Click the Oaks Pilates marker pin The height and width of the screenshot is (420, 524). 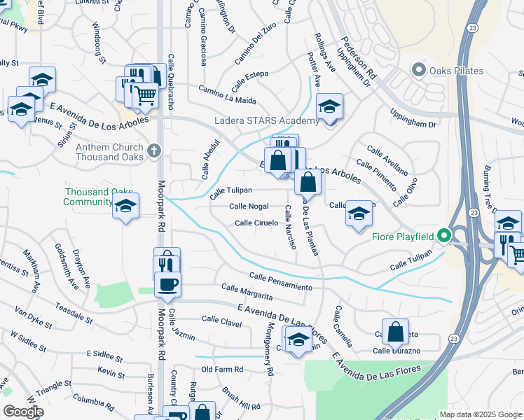click(420, 70)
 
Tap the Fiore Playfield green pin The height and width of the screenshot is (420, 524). click(443, 236)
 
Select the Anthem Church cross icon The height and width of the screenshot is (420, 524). click(154, 150)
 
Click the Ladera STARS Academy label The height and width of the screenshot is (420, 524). click(266, 120)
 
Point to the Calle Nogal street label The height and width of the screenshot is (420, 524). click(249, 206)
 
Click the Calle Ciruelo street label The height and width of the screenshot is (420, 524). click(256, 223)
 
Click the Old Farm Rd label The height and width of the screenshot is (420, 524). click(222, 369)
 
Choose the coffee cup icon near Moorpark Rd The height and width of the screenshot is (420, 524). click(167, 284)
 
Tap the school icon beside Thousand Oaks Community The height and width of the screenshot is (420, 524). click(125, 205)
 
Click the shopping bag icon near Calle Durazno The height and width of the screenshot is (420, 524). click(396, 331)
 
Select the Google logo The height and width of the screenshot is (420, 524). click(22, 412)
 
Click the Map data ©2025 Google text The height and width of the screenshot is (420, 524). click(481, 414)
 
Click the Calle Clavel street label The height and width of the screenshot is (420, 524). click(221, 320)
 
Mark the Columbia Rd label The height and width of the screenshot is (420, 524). click(88, 402)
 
